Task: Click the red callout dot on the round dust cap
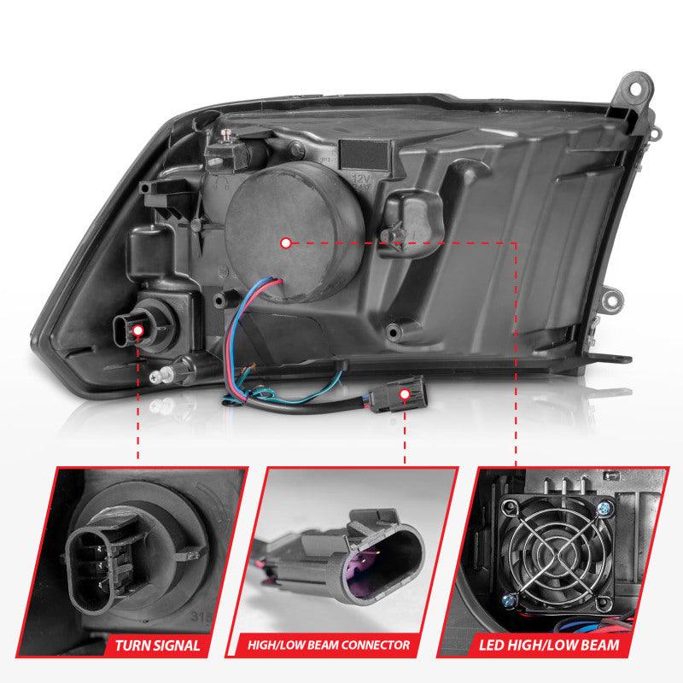(286, 242)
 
